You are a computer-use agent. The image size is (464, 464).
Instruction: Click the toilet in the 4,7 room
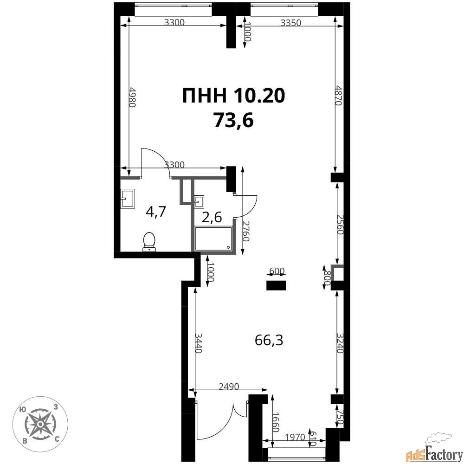click(149, 242)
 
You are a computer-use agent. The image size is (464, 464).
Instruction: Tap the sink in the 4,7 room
click(128, 198)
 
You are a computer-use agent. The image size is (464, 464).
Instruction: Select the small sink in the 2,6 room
click(199, 201)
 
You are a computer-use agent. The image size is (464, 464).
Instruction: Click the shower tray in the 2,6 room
click(213, 238)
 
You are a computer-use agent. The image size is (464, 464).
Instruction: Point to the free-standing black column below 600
click(276, 285)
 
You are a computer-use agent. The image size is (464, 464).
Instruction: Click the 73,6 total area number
click(233, 121)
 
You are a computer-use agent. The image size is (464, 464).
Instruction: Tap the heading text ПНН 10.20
click(233, 96)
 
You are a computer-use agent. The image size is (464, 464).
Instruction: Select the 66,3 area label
click(269, 341)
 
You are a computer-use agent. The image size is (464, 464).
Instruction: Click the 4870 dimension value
click(339, 96)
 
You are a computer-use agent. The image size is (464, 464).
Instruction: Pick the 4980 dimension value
click(132, 97)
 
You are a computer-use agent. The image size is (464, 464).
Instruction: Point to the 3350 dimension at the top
click(290, 23)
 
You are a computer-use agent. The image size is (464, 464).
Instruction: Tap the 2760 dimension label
click(245, 231)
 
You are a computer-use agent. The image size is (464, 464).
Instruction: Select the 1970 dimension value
click(295, 437)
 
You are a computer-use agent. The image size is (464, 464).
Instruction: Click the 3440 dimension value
click(198, 343)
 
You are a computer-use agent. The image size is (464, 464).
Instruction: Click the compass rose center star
click(40, 424)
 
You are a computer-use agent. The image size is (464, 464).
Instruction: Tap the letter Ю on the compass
click(22, 410)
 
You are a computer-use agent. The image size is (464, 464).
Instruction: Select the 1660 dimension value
click(276, 422)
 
